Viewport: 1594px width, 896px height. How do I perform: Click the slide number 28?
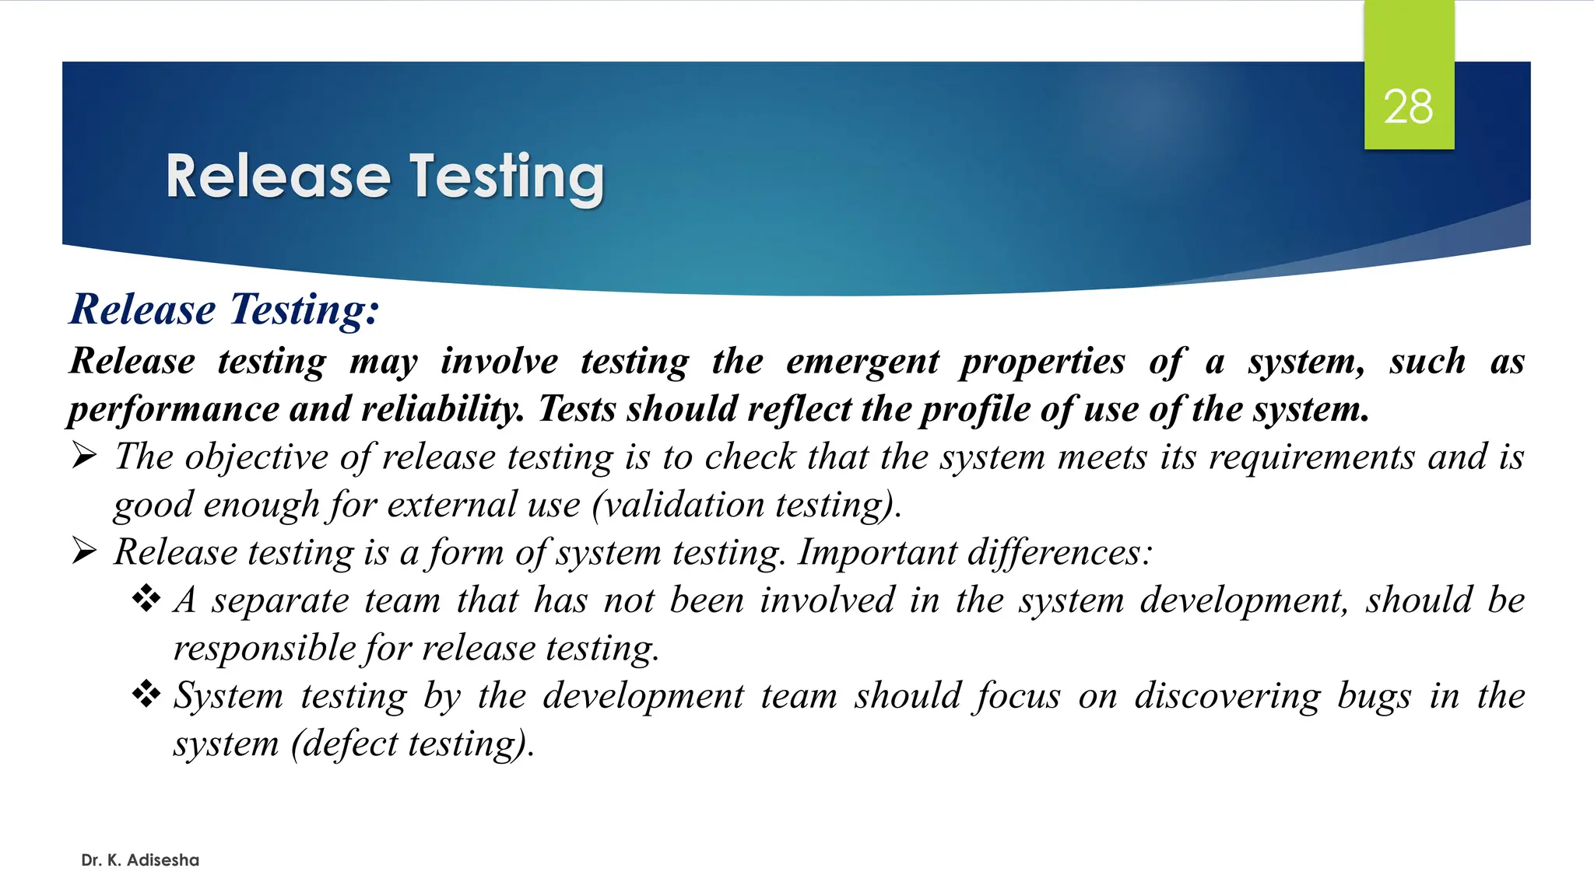[x=1408, y=107]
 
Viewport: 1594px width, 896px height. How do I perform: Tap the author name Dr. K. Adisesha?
[x=140, y=860]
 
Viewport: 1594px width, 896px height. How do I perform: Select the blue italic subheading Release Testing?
[x=225, y=310]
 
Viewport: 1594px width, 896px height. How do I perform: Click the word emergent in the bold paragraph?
[x=862, y=362]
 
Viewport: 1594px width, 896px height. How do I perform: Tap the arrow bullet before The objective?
[x=84, y=456]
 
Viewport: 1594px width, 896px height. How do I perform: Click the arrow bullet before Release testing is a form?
[x=84, y=551]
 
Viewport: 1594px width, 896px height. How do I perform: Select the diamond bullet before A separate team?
[x=146, y=599]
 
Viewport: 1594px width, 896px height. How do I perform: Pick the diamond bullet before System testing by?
[x=146, y=694]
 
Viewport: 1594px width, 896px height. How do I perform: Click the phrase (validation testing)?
[x=746, y=506]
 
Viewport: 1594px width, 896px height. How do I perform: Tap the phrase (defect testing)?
[x=412, y=744]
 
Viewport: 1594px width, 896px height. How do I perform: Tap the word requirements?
[x=1311, y=457]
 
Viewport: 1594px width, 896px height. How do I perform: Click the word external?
[x=451, y=506]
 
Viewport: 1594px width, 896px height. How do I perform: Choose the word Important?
[x=877, y=553]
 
